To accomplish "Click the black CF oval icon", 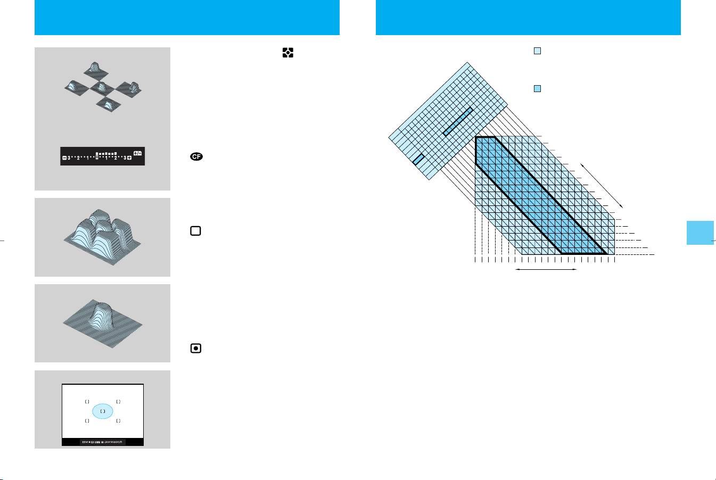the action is pos(196,157).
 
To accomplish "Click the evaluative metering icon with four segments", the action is pos(288,53).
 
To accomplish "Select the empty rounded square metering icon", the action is pos(195,231).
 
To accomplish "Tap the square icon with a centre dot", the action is pos(196,349).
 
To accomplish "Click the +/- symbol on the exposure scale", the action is pos(137,153).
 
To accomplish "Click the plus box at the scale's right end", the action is pos(129,158).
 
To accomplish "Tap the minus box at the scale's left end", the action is pos(64,158).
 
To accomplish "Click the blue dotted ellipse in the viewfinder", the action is pos(103,411).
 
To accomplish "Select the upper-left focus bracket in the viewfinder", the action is pos(87,402).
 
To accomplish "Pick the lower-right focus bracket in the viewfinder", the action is pos(118,421).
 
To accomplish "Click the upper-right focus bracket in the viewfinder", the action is pos(118,402).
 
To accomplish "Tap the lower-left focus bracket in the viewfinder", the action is pos(87,421).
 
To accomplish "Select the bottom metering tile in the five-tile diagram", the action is pos(108,104).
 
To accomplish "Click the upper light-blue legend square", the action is pos(538,51).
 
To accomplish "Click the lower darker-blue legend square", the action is pos(538,88).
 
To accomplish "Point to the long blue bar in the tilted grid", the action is pos(458,122).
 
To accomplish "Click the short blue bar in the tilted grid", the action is pos(418,159).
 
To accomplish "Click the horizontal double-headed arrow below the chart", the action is pos(546,270).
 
